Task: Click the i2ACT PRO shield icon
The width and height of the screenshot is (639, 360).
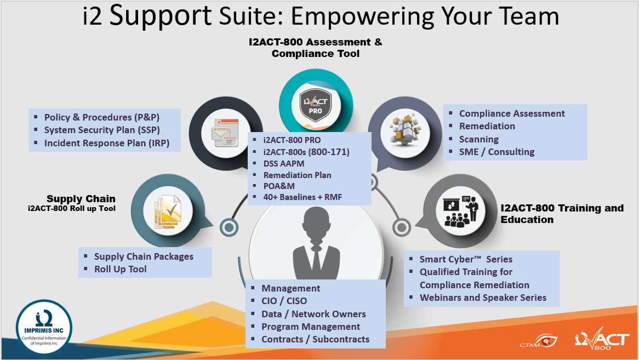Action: click(315, 105)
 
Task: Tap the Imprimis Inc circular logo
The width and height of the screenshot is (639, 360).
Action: click(44, 328)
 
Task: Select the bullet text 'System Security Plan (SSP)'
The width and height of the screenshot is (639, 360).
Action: click(102, 130)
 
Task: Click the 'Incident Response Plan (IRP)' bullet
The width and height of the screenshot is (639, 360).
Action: click(107, 143)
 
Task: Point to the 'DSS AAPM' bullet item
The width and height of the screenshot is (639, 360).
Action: click(284, 163)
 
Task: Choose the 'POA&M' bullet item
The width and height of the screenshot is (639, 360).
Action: click(279, 186)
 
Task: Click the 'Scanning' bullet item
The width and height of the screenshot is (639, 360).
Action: click(479, 139)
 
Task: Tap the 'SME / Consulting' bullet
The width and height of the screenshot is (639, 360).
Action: click(497, 152)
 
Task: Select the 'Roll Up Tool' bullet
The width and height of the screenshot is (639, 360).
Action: click(120, 269)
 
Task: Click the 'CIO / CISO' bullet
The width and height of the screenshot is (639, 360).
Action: click(284, 301)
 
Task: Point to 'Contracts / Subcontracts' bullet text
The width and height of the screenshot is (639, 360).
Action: click(316, 339)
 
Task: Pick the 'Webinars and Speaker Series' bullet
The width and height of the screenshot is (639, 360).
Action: click(483, 298)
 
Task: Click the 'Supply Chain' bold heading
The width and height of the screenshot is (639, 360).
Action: click(81, 199)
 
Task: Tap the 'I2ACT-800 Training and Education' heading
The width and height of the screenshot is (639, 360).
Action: click(562, 214)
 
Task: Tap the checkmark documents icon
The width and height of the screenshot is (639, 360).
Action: click(168, 212)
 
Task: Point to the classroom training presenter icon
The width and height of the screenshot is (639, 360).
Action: click(460, 212)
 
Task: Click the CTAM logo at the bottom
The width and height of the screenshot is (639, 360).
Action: click(538, 341)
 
